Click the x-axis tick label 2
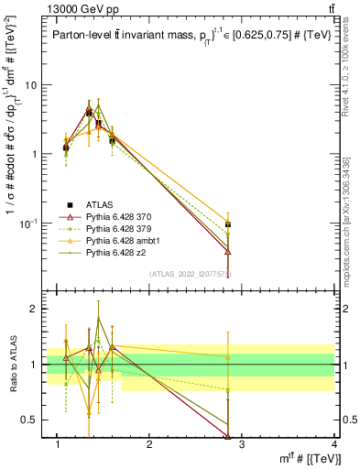(150, 444)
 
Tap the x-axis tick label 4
(334, 444)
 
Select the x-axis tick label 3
(242, 444)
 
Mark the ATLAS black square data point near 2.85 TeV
(228, 224)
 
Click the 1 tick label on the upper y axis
(35, 154)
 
